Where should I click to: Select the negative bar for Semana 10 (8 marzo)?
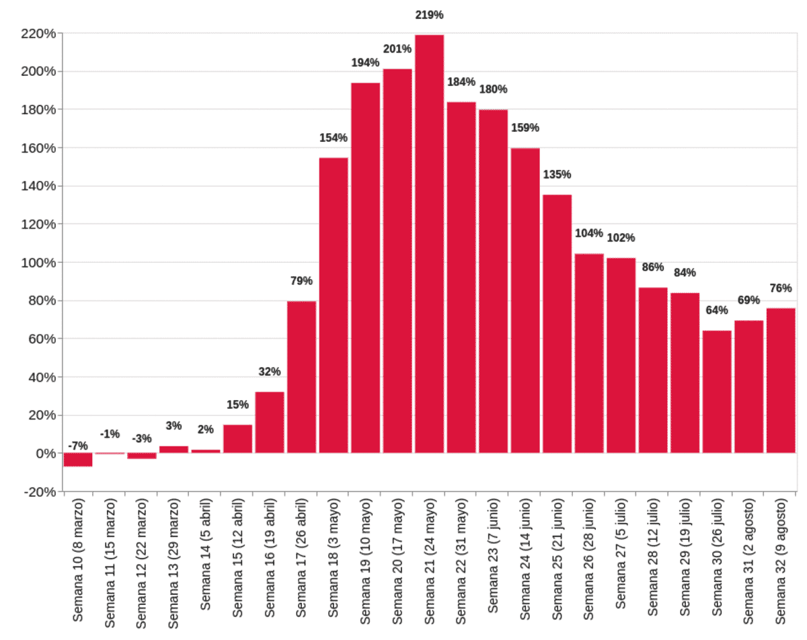pos(78,460)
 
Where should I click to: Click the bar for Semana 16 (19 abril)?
pos(270,422)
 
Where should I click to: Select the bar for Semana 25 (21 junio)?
pos(557,323)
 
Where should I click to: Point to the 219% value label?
pos(429,15)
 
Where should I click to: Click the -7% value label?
pos(78,446)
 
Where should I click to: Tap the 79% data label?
pos(301,281)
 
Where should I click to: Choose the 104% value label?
pos(588,233)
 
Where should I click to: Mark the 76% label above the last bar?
pos(781,288)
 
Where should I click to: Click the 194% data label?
pos(365,63)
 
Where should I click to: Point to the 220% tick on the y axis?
pos(38,34)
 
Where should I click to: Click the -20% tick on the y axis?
pos(38,492)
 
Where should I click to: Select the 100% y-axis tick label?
pos(38,263)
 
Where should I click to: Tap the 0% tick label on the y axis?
pos(44,454)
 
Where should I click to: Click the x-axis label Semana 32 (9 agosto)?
pos(781,561)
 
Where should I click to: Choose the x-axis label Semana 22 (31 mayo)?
pos(461,562)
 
